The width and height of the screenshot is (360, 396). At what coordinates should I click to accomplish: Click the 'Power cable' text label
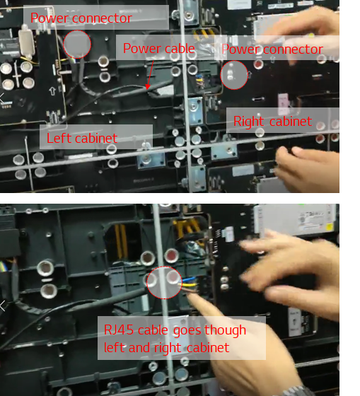tap(159, 48)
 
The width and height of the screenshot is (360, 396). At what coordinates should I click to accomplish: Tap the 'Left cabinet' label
tap(82, 138)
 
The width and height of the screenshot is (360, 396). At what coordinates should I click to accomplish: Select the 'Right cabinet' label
tap(272, 122)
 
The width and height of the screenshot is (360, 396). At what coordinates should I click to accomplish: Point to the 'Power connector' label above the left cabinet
tap(81, 18)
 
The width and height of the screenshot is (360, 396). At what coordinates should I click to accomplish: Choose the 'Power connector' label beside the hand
tap(272, 49)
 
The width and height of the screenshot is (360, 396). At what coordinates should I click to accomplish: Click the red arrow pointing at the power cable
tap(150, 75)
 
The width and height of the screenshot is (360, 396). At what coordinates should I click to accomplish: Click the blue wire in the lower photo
tap(188, 279)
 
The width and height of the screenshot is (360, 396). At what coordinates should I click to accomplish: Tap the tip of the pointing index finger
tap(190, 296)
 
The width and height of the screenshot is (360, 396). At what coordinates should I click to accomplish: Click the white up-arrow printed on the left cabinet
tap(52, 91)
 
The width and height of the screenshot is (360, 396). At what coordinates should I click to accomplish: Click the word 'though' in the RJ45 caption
tap(225, 330)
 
